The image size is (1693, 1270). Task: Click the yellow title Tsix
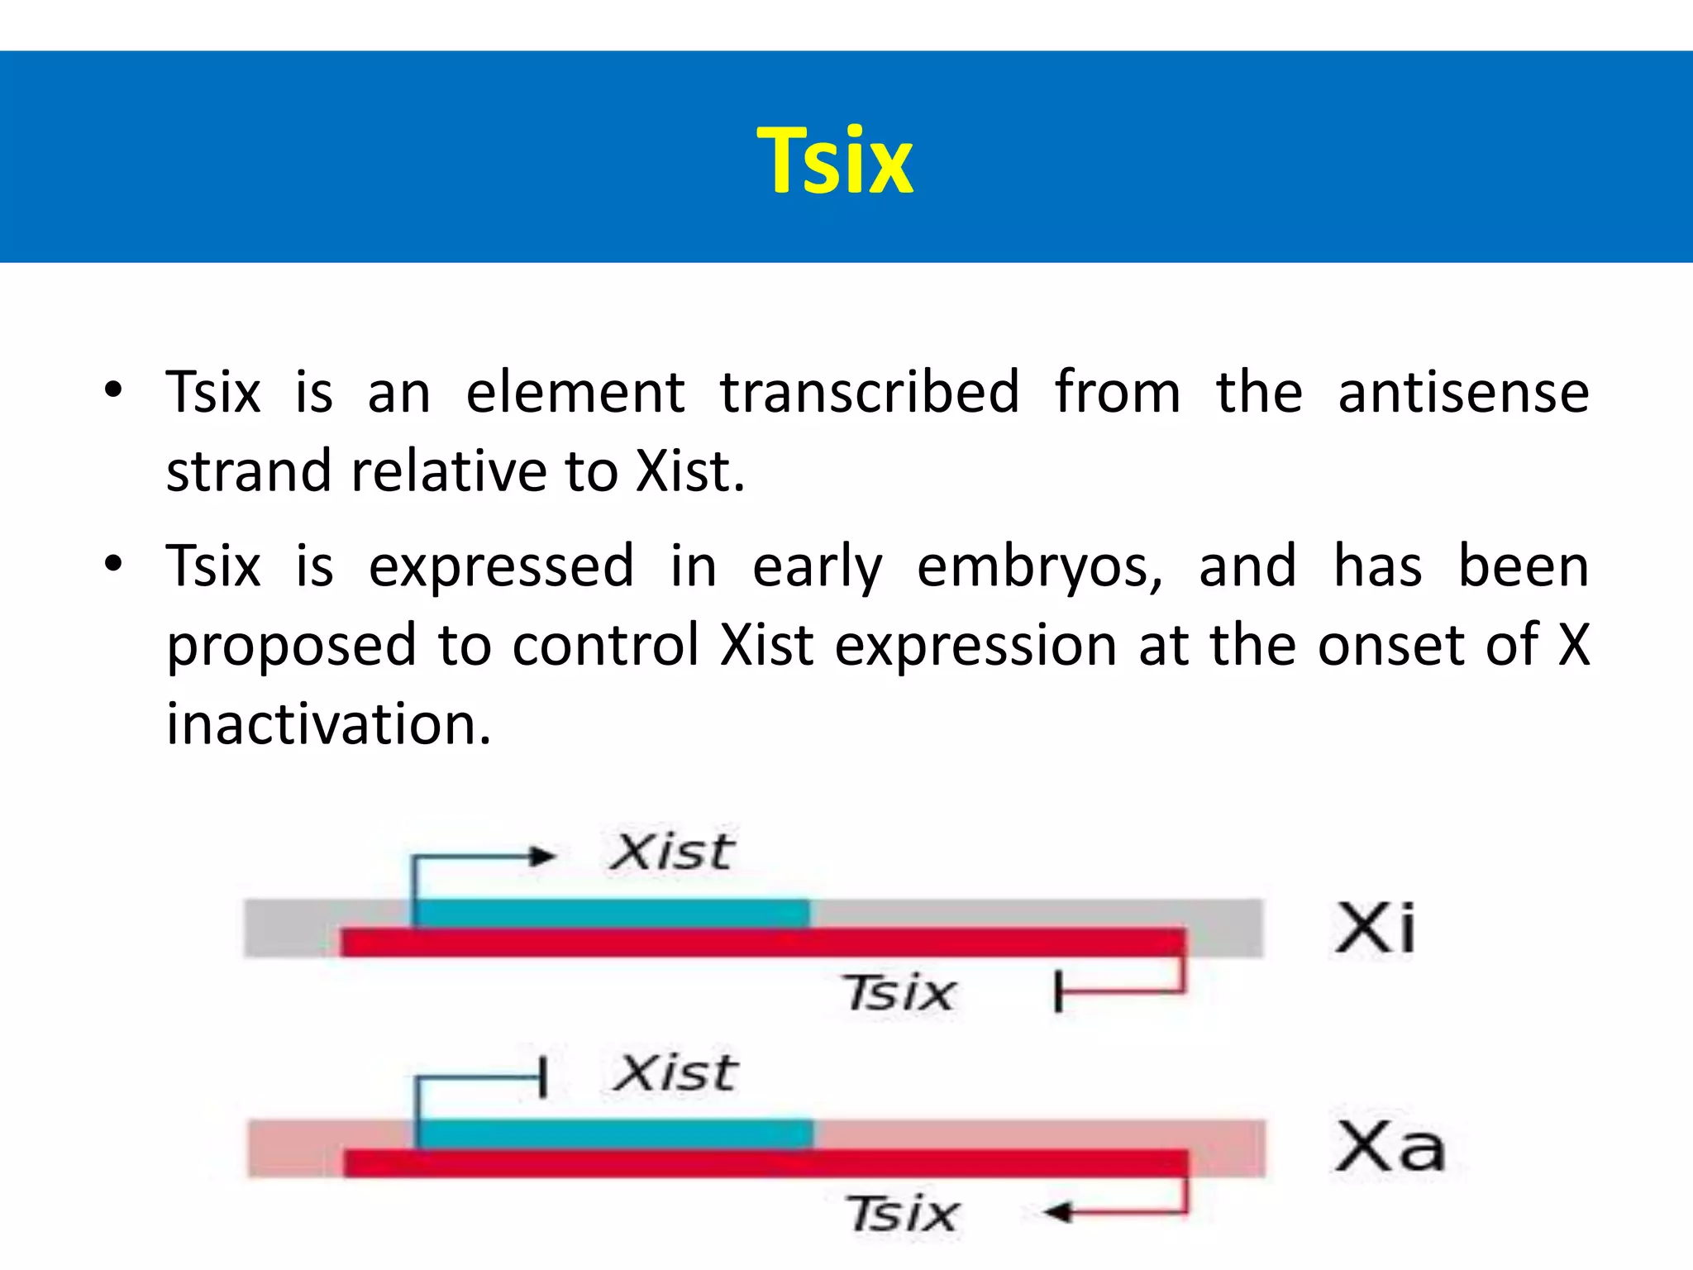point(835,161)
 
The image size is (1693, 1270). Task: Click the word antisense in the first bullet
point(1463,393)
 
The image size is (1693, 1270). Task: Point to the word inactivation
point(329,724)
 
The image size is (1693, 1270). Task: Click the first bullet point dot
point(113,389)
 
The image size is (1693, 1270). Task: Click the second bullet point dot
point(113,565)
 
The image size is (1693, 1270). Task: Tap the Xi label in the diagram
point(1375,929)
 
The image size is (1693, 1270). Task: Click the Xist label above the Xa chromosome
point(675,1073)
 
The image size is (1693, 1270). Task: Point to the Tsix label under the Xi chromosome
point(899,992)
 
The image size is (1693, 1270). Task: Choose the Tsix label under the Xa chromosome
point(903,1214)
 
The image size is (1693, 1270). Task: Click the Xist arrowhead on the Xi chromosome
point(543,856)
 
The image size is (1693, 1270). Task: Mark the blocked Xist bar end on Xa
point(542,1077)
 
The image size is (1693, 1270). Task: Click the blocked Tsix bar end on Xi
point(1058,991)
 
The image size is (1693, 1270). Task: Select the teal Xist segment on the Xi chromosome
point(612,914)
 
